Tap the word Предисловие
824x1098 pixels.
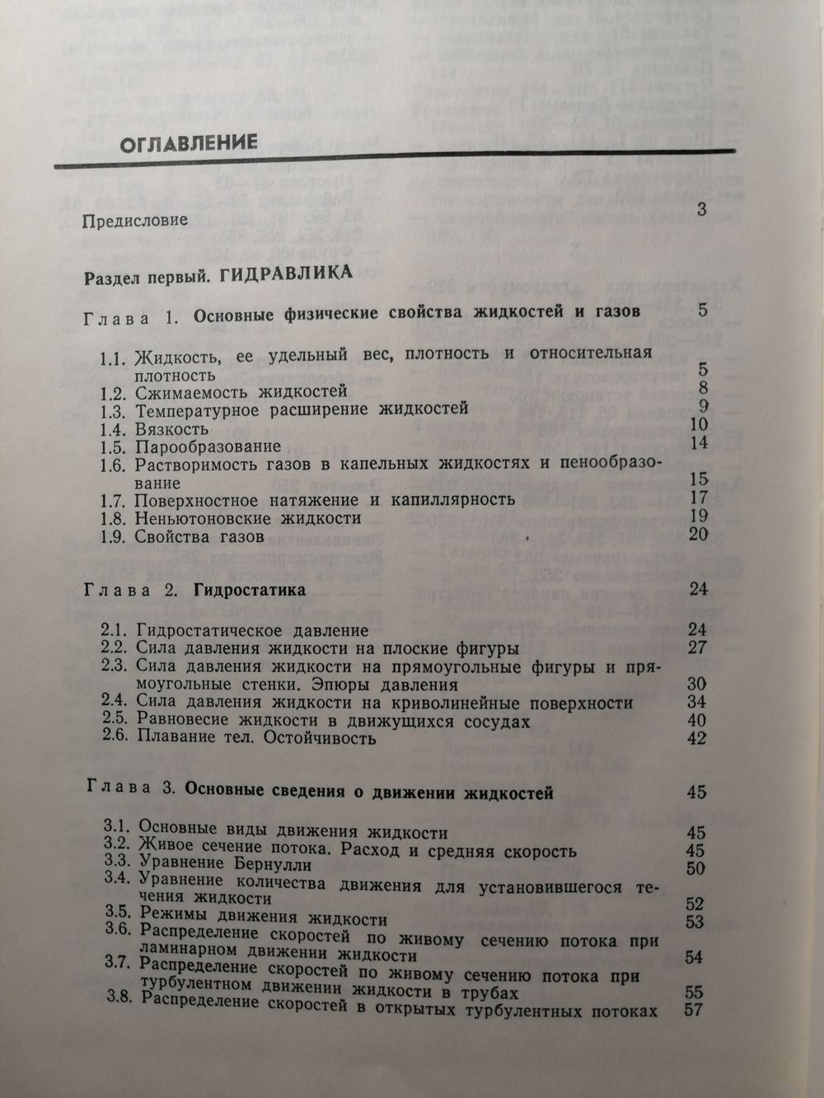pyautogui.click(x=136, y=221)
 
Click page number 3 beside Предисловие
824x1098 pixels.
pyautogui.click(x=701, y=209)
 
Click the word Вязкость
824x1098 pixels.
pyautogui.click(x=172, y=428)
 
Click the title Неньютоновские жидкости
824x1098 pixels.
pyautogui.click(x=249, y=519)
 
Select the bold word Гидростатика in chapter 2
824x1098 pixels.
pyautogui.click(x=250, y=591)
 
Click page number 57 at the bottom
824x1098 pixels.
pyautogui.click(x=694, y=1009)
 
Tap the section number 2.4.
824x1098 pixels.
pyautogui.click(x=116, y=702)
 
